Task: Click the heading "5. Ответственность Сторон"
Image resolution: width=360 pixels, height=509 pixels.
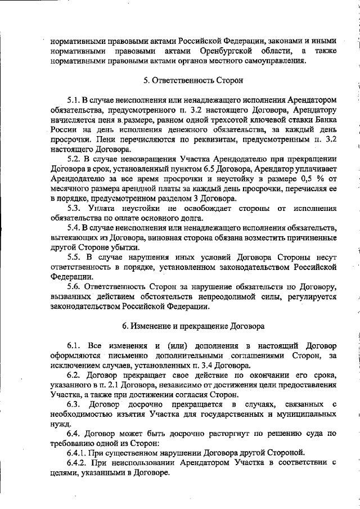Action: point(193,80)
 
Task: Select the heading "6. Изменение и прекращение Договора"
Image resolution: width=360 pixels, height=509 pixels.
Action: point(193,326)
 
